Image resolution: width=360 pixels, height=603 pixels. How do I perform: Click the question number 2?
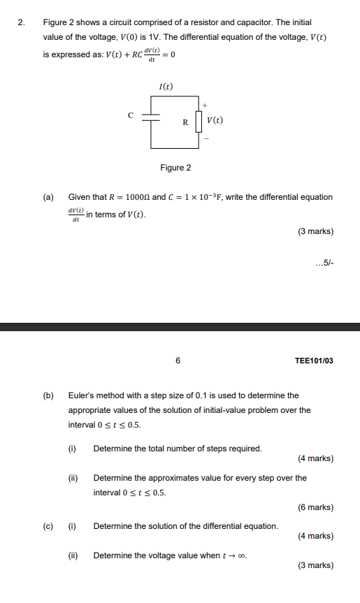click(x=22, y=23)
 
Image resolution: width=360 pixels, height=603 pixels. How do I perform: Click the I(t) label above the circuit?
click(x=166, y=87)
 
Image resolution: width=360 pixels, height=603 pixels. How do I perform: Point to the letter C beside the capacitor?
click(x=130, y=115)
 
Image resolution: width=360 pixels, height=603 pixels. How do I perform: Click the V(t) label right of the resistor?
click(x=215, y=121)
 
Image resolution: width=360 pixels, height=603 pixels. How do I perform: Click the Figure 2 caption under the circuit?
click(x=175, y=168)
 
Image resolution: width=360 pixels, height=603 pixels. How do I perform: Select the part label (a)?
click(x=48, y=197)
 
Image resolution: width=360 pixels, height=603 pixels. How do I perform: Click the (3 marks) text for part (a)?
click(x=316, y=231)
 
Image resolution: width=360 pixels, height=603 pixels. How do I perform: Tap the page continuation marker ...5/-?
click(x=324, y=263)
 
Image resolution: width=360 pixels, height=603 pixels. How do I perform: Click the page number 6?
click(x=178, y=361)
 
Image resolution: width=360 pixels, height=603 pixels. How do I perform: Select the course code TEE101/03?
click(x=314, y=361)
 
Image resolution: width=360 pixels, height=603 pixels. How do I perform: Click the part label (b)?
click(x=48, y=395)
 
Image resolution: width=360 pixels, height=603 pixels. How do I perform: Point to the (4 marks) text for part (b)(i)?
click(x=316, y=458)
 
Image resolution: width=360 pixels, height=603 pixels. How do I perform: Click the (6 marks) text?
click(x=316, y=507)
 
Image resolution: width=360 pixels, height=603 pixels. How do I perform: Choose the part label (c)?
click(x=48, y=525)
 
